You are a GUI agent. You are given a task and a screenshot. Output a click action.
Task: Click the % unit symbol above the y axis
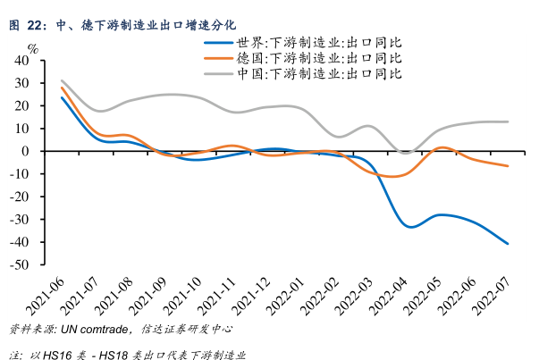(33, 47)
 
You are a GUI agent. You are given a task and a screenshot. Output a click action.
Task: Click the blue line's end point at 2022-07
(509, 244)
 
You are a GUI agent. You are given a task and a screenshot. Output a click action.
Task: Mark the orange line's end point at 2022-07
(509, 166)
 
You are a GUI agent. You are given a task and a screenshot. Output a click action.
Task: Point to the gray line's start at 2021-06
(62, 80)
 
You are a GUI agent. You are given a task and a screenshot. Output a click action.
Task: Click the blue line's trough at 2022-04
(410, 227)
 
